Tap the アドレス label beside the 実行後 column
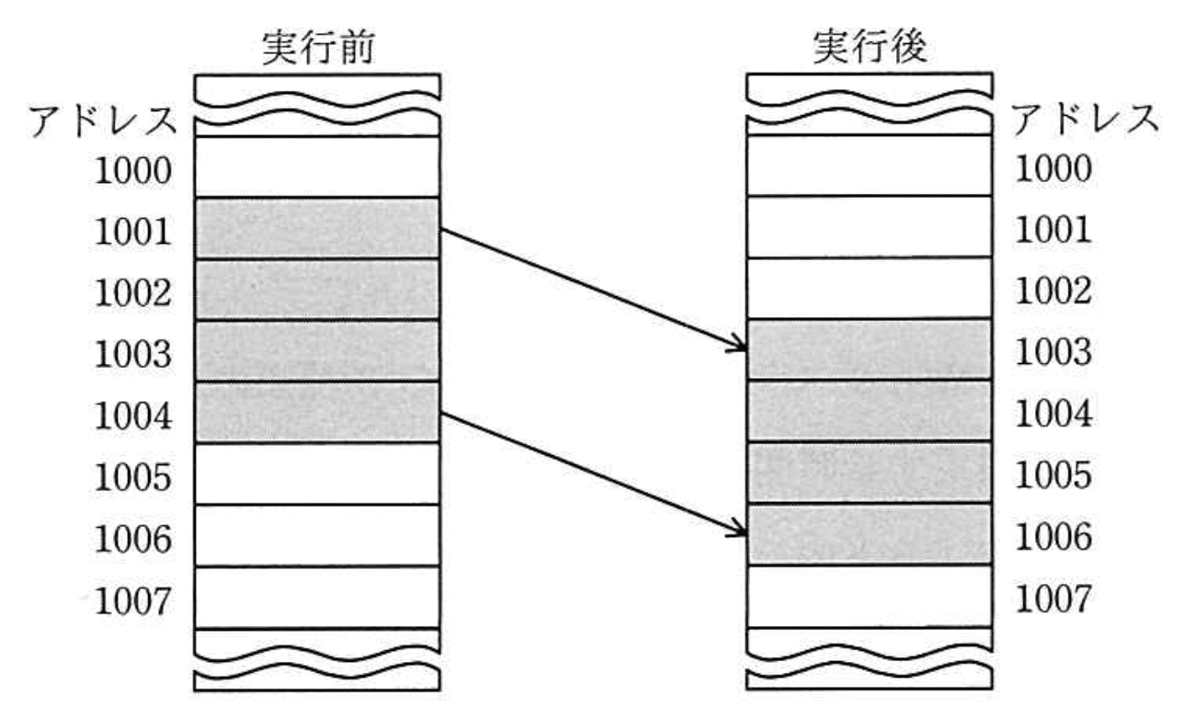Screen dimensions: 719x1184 coord(1085,119)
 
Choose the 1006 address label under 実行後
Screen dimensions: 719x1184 coord(1053,536)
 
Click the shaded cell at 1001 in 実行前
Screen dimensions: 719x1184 coord(317,228)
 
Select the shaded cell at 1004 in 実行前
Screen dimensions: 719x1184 coord(317,412)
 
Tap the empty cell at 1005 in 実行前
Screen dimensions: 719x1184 coord(317,474)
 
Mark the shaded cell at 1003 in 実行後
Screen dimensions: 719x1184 coord(869,349)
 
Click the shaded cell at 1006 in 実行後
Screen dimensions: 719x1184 coord(869,534)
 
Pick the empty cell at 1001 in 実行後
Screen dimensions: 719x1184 coord(869,226)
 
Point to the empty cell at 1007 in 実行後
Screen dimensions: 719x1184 coord(869,596)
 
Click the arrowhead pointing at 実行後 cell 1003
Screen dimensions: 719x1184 coord(737,346)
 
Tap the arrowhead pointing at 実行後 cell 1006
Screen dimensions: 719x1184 coord(737,530)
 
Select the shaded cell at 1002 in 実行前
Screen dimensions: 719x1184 coord(317,290)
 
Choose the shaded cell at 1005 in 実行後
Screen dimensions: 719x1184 coord(869,473)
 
